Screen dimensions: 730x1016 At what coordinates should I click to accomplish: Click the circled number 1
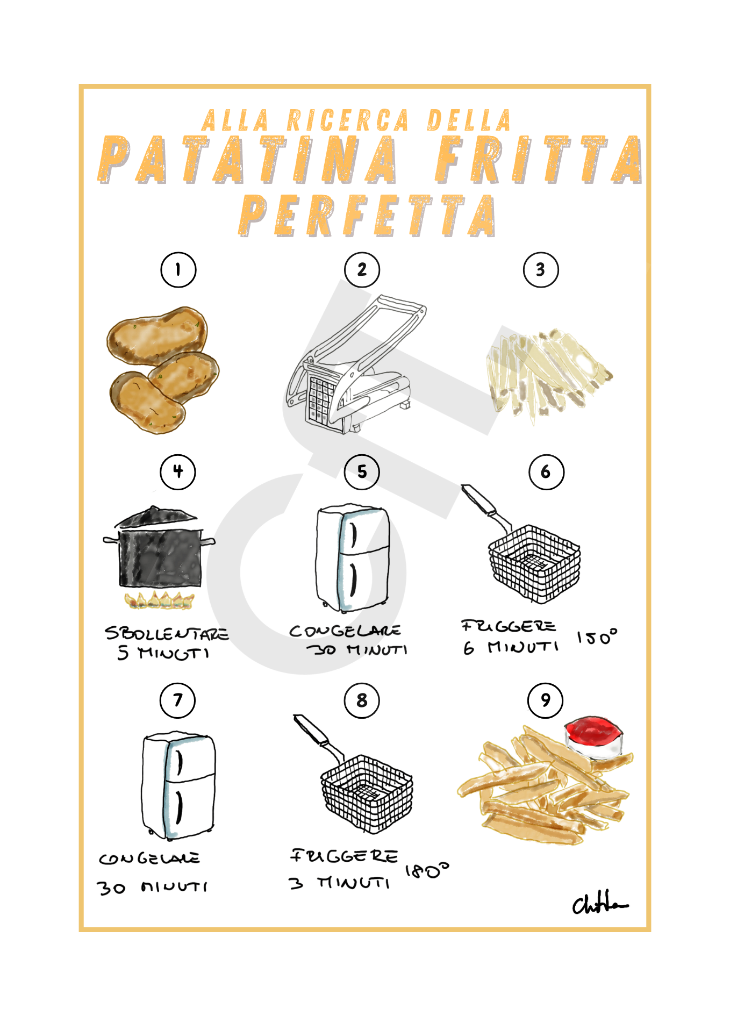coord(178,270)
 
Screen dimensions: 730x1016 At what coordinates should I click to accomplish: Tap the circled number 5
coord(362,472)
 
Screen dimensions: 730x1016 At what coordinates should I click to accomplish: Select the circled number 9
coord(546,700)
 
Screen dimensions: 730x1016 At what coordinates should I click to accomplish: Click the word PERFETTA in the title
coord(368,216)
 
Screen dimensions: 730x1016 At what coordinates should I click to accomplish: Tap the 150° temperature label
coord(597,637)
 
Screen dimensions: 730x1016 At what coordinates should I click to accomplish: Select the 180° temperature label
coord(427,870)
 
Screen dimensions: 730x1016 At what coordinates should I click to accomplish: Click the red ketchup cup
coord(593,736)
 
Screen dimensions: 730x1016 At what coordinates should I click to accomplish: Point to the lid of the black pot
coord(156,517)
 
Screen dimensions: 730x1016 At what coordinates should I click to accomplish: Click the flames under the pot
coord(159,600)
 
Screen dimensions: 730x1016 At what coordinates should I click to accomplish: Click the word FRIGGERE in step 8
coord(345,856)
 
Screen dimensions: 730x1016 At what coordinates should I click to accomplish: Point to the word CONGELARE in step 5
coord(345,631)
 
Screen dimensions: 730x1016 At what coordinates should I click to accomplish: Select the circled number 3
coord(541,270)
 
